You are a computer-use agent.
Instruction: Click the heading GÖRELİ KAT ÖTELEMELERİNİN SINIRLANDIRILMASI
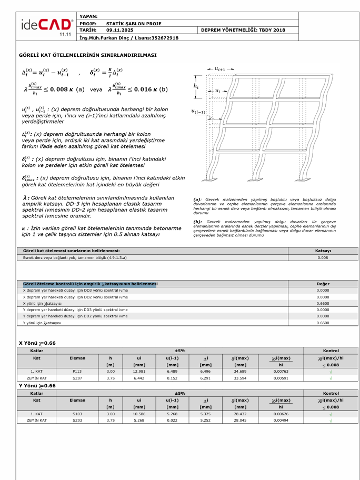(87, 55)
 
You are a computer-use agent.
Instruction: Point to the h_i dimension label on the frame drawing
(196, 86)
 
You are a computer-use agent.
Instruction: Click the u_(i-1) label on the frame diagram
(199, 111)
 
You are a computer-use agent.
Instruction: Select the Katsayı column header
(323, 251)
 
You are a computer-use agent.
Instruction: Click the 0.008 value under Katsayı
(323, 258)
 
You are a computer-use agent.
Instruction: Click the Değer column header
(323, 284)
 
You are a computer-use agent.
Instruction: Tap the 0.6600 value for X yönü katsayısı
(323, 304)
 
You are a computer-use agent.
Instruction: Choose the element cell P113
(77, 371)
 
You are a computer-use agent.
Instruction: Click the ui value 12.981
(139, 371)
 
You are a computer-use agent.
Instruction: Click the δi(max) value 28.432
(240, 414)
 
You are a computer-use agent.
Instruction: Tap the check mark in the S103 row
(331, 414)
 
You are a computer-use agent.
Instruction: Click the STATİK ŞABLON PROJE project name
(134, 24)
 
